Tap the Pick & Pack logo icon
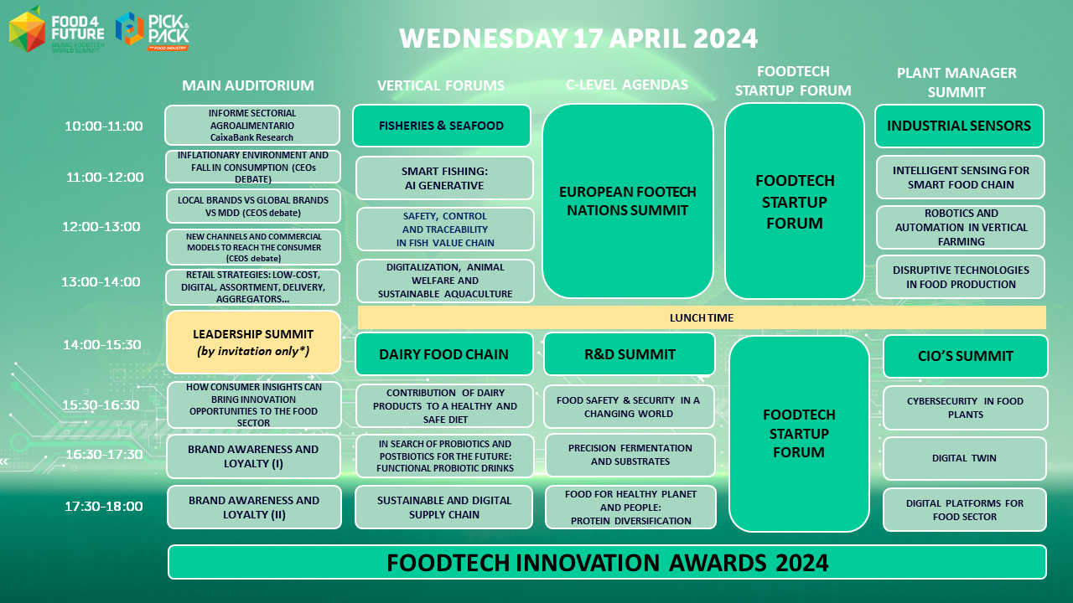[129, 28]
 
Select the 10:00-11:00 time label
[104, 126]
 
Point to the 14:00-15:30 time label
[102, 344]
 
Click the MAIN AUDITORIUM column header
[247, 85]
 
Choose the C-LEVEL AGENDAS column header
[627, 85]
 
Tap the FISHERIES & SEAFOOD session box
[441, 126]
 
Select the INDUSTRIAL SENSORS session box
[959, 126]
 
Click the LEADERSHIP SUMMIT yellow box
[253, 343]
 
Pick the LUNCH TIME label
[702, 317]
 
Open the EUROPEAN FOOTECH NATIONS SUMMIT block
[628, 201]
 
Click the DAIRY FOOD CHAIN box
[443, 354]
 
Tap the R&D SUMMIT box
[630, 354]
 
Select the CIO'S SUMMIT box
[965, 356]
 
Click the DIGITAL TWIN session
[964, 458]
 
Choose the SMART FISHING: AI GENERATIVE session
[444, 178]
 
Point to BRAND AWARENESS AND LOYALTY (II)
[254, 508]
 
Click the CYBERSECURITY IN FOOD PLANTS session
[965, 408]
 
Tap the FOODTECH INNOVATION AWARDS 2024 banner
[607, 562]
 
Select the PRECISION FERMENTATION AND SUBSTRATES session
[630, 455]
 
